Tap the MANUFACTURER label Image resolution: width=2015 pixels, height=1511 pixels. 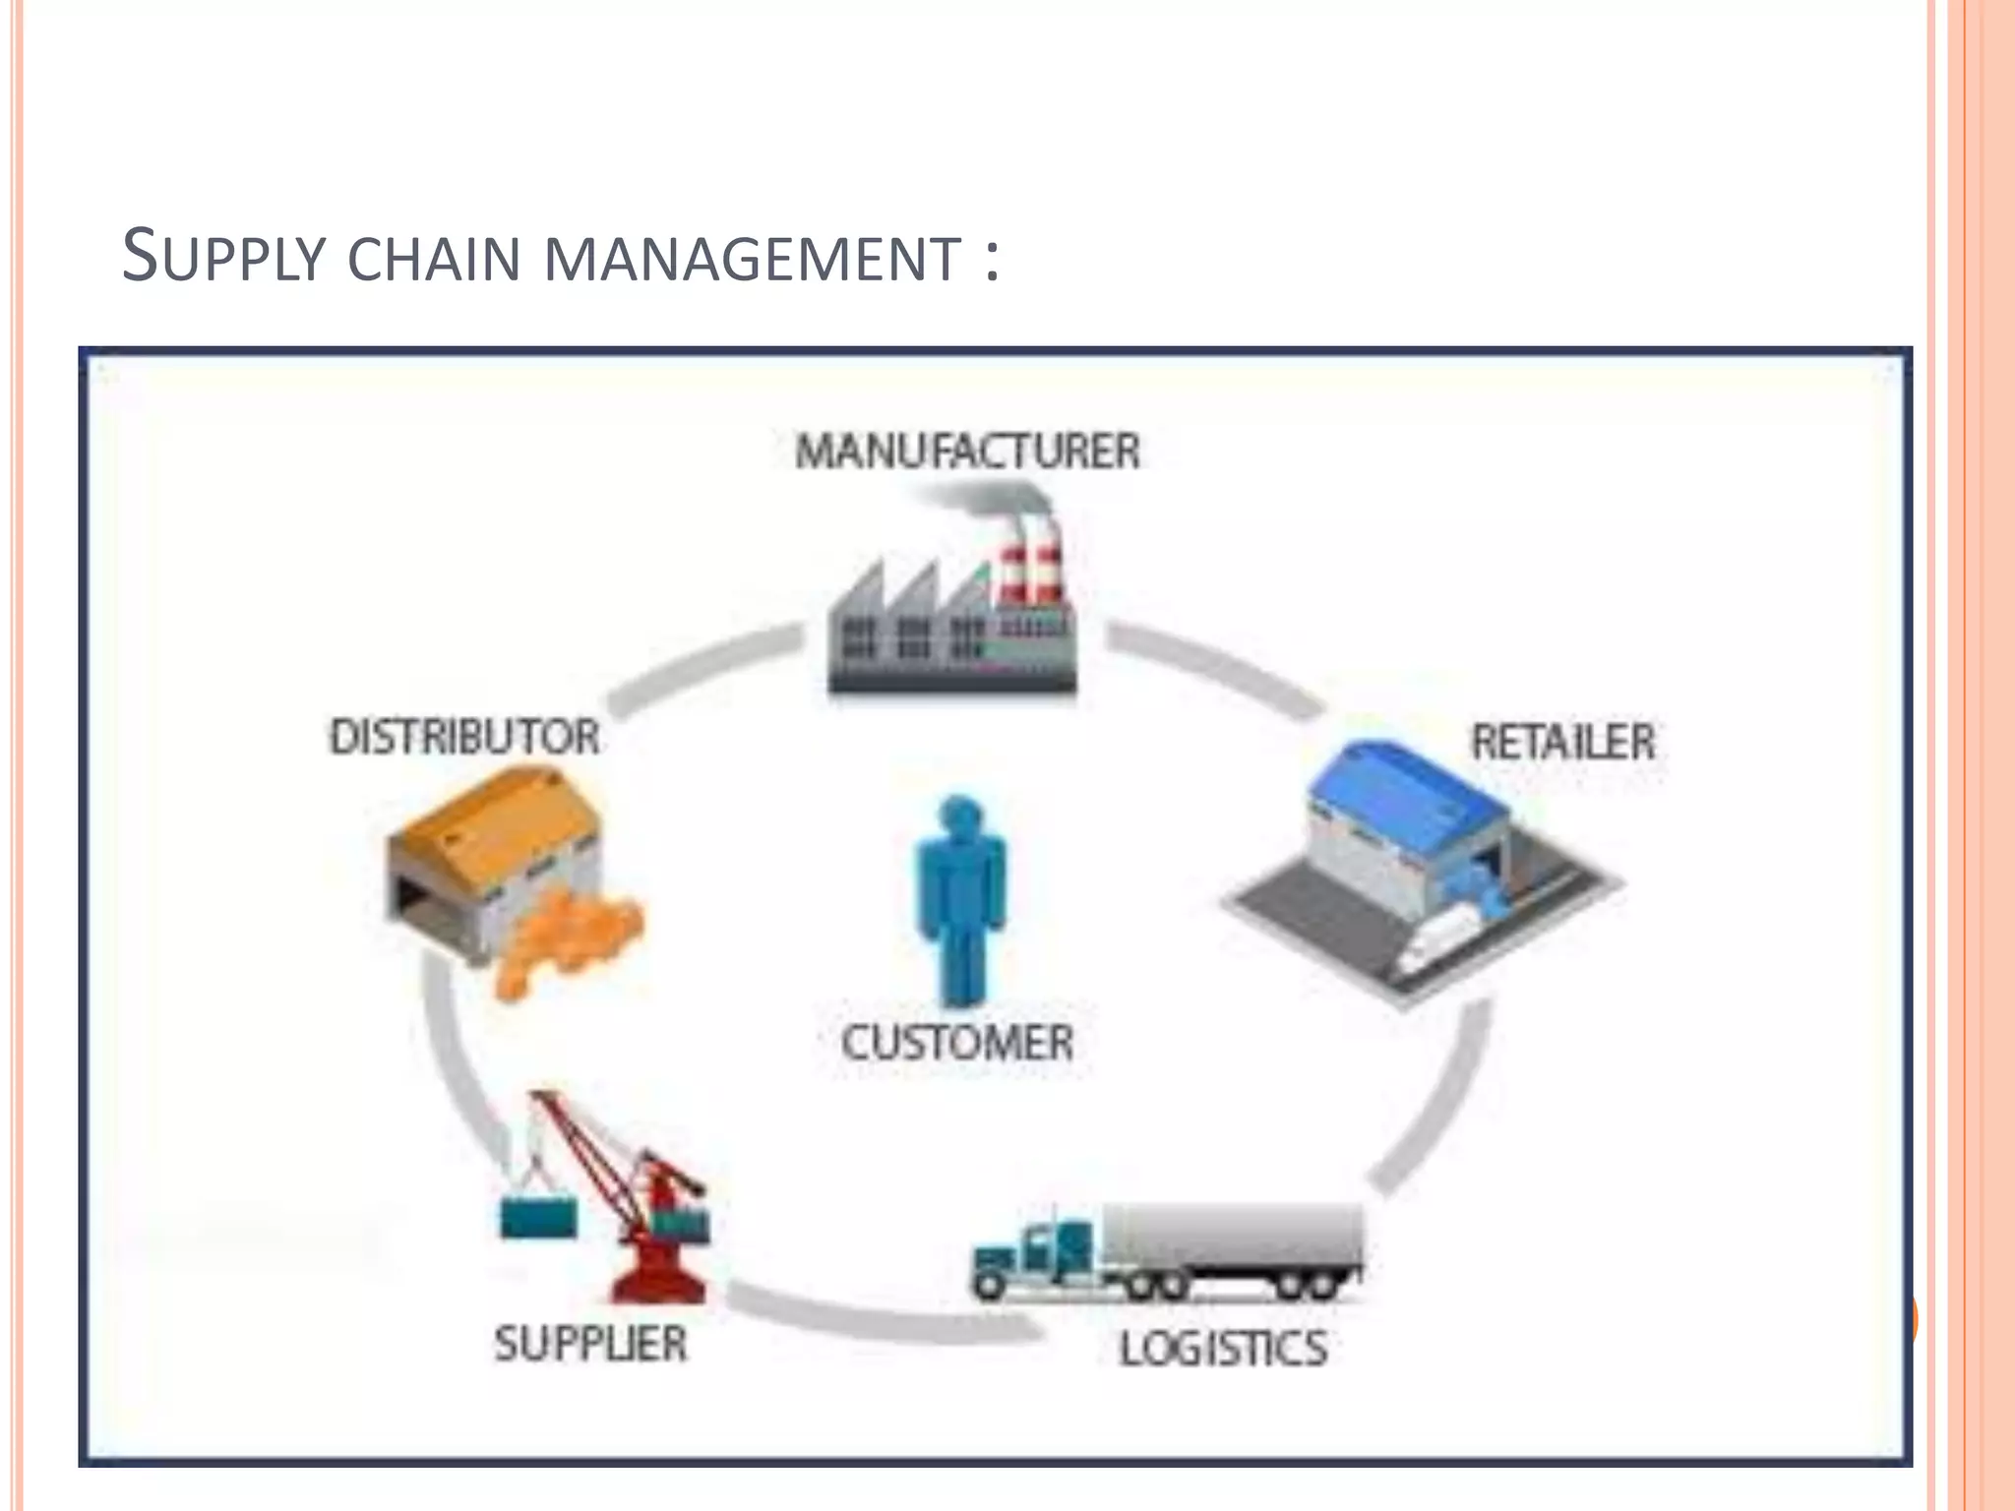pos(967,453)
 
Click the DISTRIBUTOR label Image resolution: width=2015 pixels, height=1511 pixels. pos(464,738)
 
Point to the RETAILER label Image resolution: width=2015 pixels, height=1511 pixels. pos(1562,743)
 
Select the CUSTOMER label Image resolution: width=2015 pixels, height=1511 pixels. pos(956,1043)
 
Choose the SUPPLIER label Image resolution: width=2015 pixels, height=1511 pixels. pos(590,1344)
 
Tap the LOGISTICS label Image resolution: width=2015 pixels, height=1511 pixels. pos(1223,1348)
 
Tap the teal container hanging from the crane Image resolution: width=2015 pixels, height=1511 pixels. pos(538,1217)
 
